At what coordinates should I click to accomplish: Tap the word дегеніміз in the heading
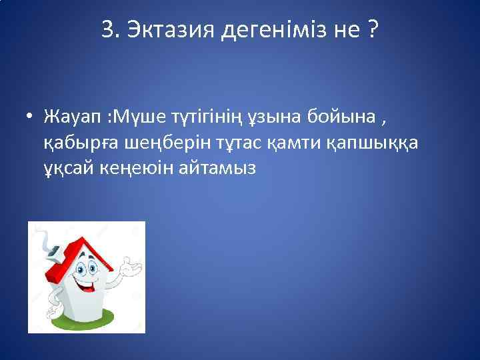coord(269,29)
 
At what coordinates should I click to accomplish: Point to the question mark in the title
coord(370,29)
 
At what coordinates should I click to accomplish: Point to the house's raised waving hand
coord(131,267)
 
